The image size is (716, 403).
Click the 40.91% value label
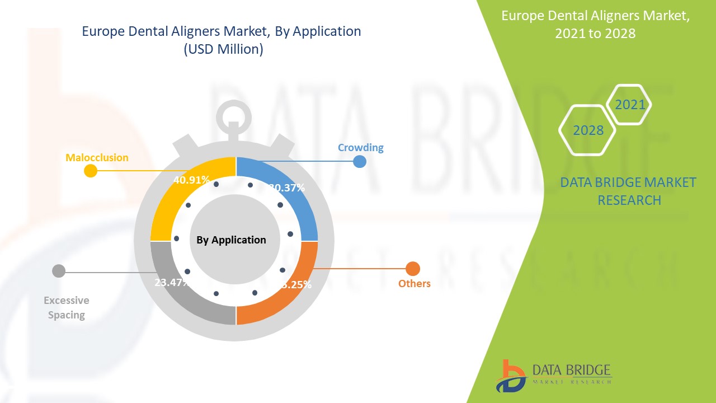[191, 180]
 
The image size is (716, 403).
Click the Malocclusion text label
[97, 158]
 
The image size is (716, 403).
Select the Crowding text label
[360, 148]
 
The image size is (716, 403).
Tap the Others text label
[414, 284]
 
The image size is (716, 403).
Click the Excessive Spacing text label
[66, 308]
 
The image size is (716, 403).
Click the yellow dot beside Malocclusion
[90, 171]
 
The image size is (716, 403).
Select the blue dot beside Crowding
[359, 162]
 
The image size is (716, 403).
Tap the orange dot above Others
[412, 269]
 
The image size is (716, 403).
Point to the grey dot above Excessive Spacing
[58, 271]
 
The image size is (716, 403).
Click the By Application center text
[231, 240]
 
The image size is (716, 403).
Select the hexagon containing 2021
[629, 104]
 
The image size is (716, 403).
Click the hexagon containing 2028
[587, 130]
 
